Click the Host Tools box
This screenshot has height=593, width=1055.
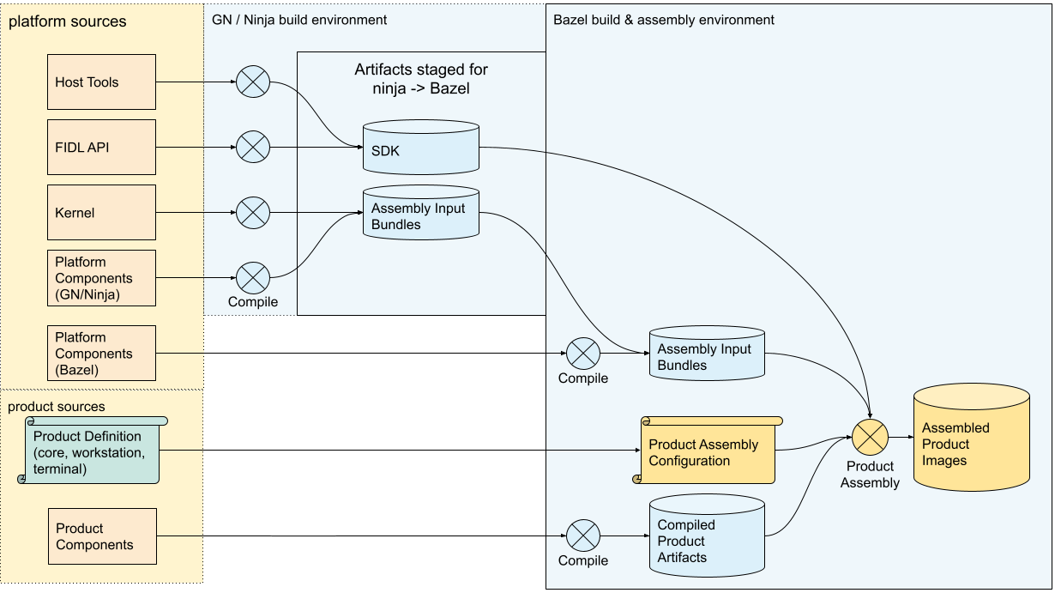pos(101,82)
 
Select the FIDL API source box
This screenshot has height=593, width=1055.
pos(101,147)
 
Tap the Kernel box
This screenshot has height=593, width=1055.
pos(101,212)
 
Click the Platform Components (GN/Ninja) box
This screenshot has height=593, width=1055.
pos(101,278)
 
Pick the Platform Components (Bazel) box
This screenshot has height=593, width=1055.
pos(101,353)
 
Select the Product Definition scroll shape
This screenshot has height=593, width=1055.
pos(93,451)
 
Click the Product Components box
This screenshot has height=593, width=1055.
pos(101,536)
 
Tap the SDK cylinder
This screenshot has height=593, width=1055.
pos(420,147)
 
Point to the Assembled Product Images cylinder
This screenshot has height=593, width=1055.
pos(971,438)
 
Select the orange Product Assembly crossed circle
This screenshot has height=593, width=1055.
pos(870,438)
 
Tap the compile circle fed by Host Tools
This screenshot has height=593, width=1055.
pos(252,82)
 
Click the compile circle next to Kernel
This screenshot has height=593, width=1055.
pos(252,212)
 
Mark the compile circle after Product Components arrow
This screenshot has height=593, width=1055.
pos(583,536)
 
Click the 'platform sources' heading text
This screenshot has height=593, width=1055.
pos(67,21)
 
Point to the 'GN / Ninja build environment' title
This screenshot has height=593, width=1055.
pos(298,19)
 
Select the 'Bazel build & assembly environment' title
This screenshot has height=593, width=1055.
pos(663,19)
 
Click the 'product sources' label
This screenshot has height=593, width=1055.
pos(56,405)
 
